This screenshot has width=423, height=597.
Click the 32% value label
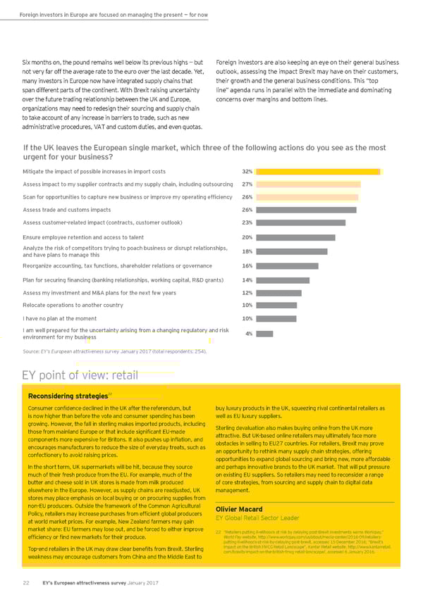pyautogui.click(x=247, y=172)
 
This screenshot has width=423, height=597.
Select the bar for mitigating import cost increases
pyautogui.click(x=317, y=172)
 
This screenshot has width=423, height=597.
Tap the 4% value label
pyautogui.click(x=250, y=334)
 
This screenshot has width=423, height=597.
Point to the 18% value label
pyautogui.click(x=247, y=251)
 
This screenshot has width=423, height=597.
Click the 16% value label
pyautogui.click(x=247, y=266)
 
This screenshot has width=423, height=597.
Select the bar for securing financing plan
pyautogui.click(x=283, y=279)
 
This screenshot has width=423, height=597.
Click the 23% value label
pyautogui.click(x=247, y=222)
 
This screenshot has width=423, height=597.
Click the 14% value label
pyautogui.click(x=247, y=279)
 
